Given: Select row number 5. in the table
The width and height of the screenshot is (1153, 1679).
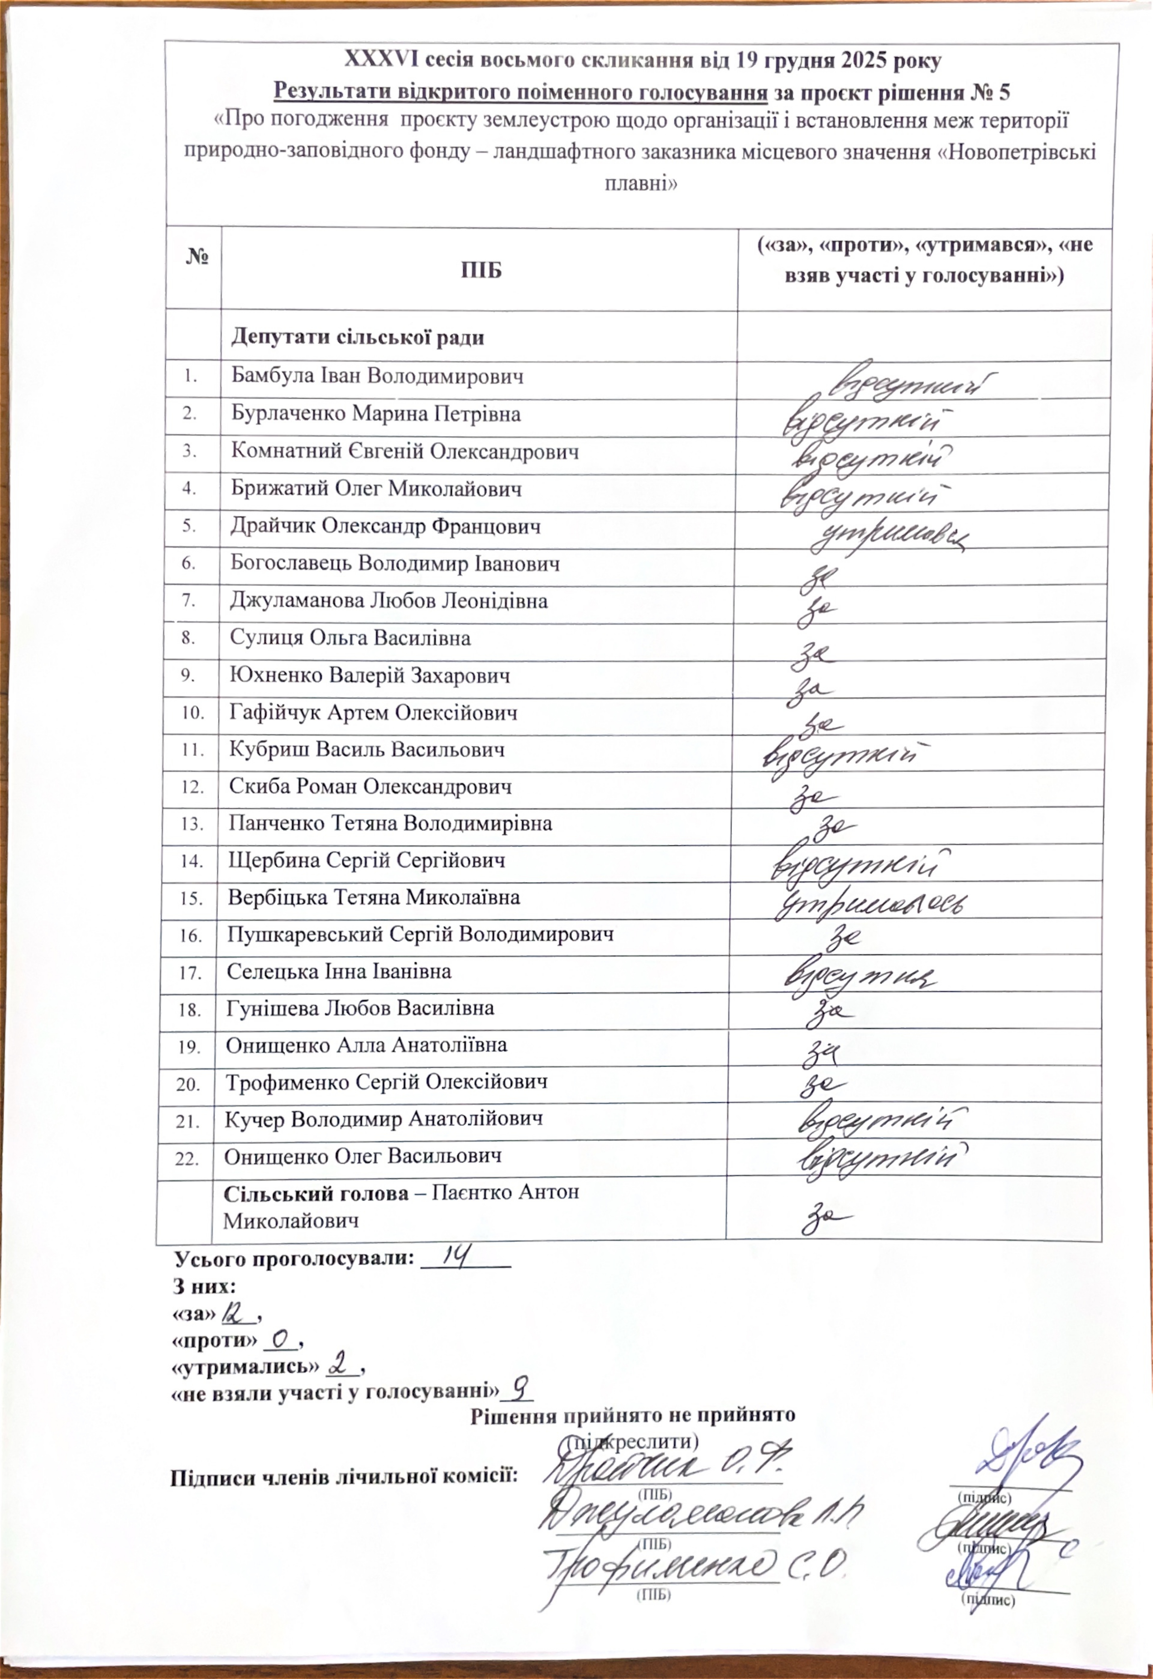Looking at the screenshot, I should point(189,527).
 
